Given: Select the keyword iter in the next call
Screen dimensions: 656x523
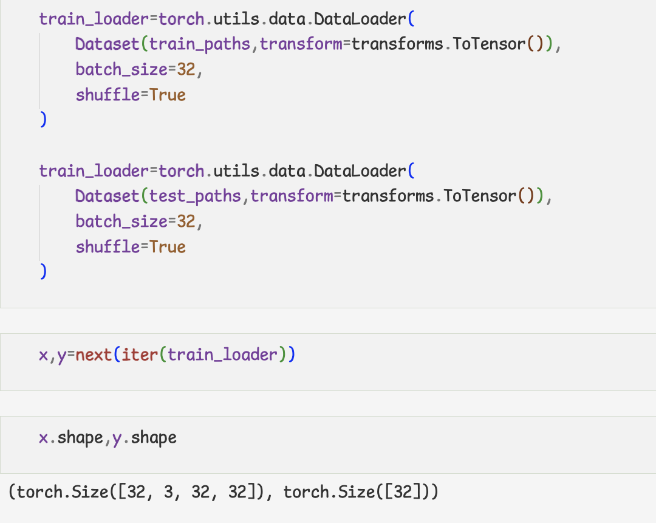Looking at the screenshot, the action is point(140,355).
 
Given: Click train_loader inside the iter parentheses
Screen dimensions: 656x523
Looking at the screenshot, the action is point(222,355).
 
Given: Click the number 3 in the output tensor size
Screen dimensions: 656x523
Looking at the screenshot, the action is point(168,492).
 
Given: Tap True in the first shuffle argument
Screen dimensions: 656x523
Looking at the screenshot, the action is point(168,95).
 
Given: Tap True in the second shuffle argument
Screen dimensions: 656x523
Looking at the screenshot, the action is point(168,247).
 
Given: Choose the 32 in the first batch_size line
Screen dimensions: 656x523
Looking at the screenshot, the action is point(186,69).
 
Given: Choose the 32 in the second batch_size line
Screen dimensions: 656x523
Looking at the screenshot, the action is point(186,221).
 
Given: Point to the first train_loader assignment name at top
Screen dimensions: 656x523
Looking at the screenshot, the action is point(94,19).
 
